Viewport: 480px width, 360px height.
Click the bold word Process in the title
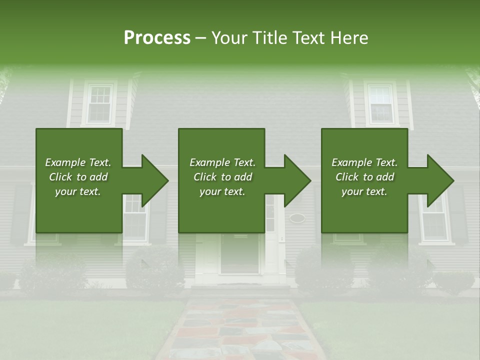coord(157,38)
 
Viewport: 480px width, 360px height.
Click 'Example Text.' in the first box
coord(78,162)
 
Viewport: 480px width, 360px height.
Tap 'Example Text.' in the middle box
coord(222,162)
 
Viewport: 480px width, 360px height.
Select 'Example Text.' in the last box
coord(364,162)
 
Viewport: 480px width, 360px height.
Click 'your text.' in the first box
coord(78,191)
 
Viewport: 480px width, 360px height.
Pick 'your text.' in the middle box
coord(222,191)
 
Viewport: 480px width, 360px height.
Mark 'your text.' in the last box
coord(364,191)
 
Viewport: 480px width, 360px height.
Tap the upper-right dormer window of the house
coord(381,104)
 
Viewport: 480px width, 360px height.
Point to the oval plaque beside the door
coord(297,218)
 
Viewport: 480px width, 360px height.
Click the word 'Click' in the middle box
coord(206,177)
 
